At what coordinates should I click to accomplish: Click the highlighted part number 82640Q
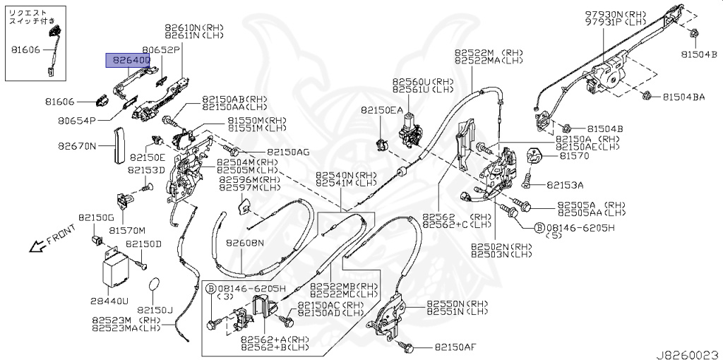[128, 61]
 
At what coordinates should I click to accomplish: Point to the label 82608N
[245, 243]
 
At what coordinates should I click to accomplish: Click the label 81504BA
[683, 97]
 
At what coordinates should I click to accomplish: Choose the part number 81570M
[127, 230]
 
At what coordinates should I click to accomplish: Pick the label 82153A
[565, 185]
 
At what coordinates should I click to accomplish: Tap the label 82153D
[145, 170]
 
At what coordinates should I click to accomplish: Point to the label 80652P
[161, 50]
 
